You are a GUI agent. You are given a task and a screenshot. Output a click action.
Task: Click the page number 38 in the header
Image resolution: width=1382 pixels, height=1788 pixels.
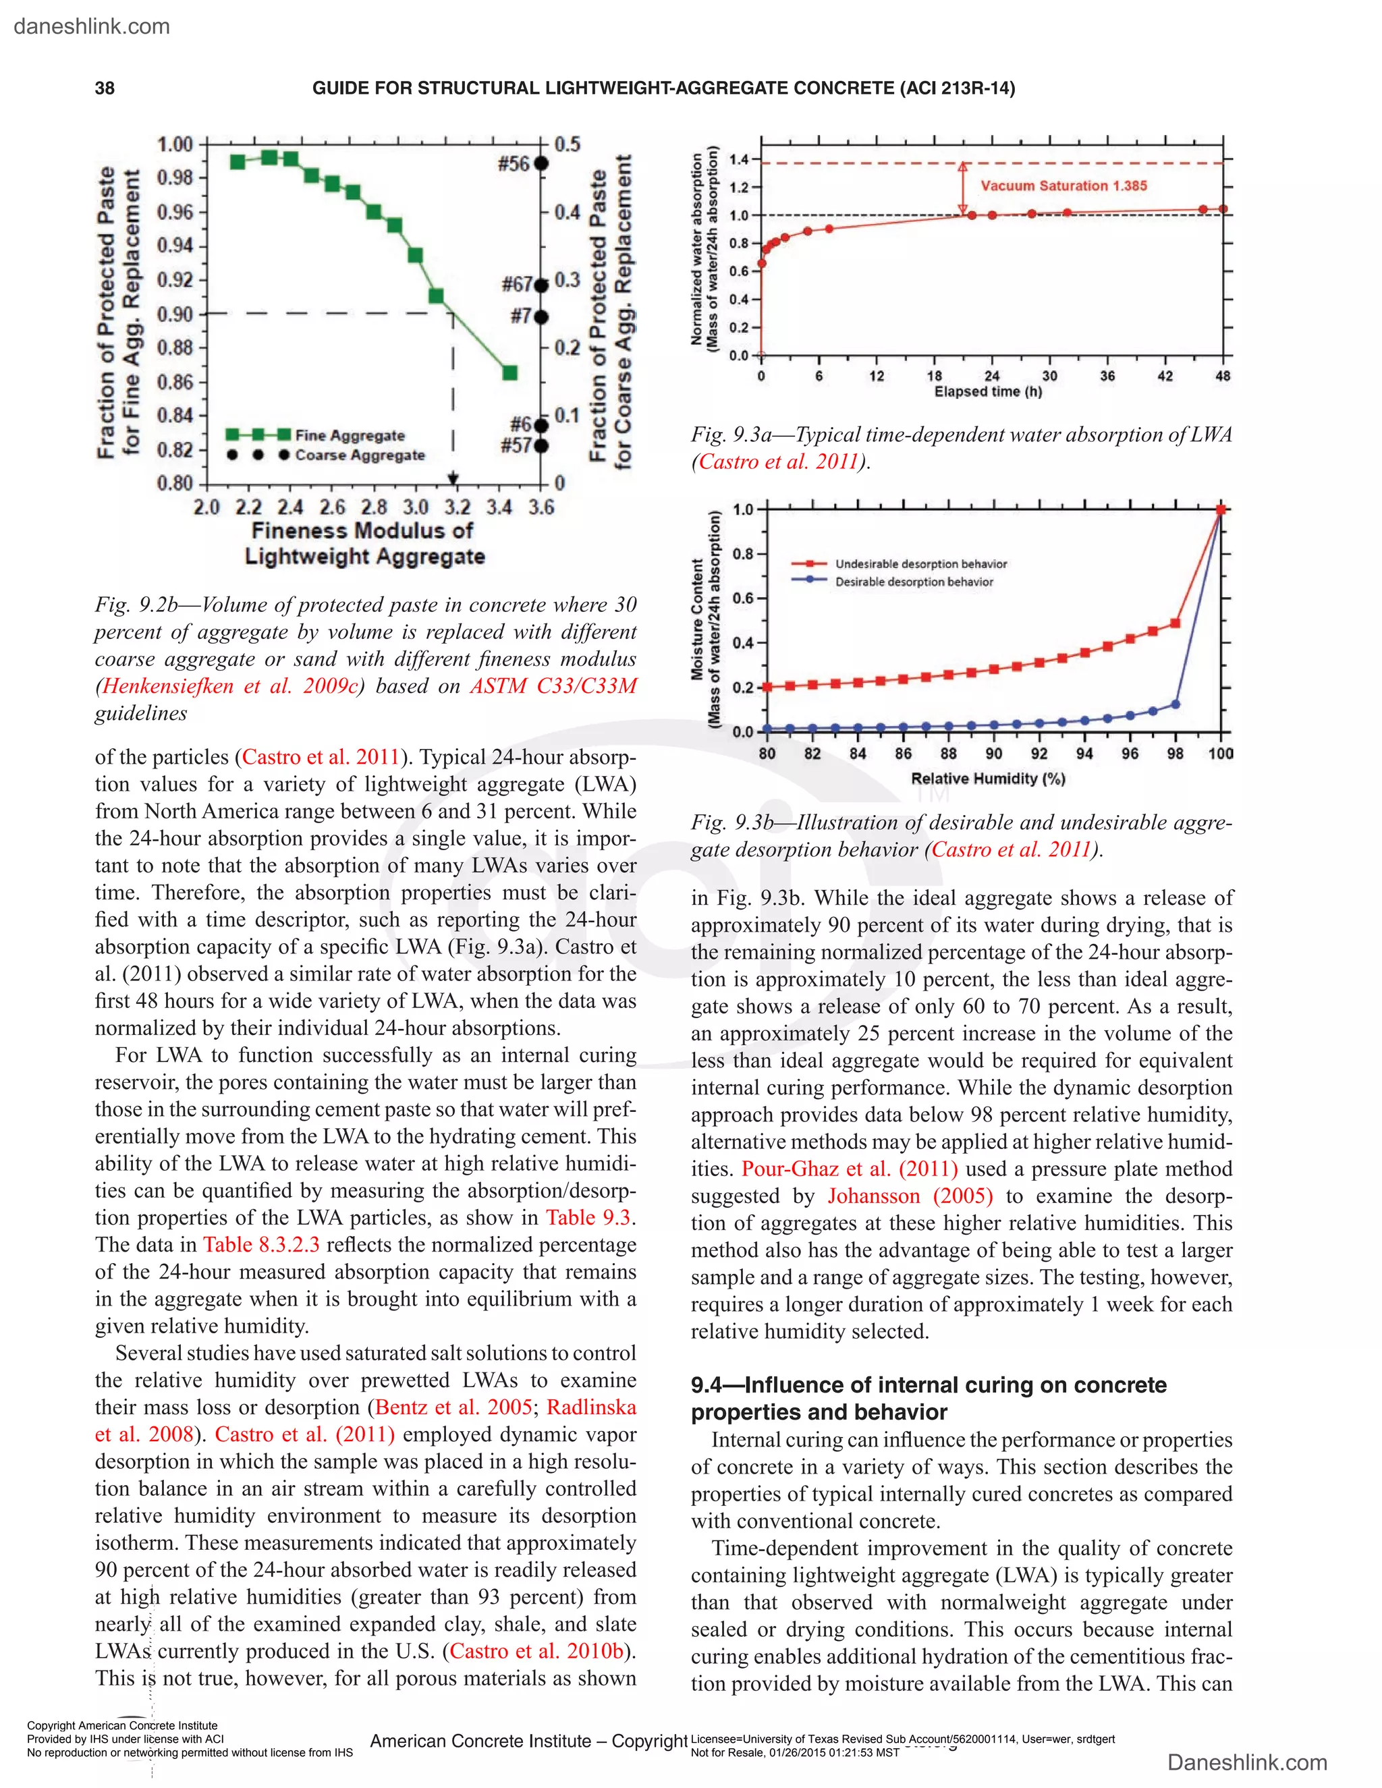point(105,88)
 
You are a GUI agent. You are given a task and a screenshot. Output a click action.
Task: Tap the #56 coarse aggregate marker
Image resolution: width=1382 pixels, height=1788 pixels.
point(541,164)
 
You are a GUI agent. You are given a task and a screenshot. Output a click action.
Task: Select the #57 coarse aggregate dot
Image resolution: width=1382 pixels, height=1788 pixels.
point(541,446)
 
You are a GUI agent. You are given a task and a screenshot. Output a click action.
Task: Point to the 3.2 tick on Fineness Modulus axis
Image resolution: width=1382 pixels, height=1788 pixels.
point(456,507)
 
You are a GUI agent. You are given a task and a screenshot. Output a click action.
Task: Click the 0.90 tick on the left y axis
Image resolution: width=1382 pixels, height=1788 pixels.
point(175,314)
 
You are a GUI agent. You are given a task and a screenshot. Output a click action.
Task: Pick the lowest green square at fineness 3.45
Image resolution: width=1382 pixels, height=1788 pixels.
point(509,373)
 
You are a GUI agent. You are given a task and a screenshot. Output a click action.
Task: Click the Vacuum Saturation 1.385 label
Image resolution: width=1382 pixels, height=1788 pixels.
point(1063,186)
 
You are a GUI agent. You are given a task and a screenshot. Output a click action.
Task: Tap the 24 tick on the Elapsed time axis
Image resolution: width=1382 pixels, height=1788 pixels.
point(991,376)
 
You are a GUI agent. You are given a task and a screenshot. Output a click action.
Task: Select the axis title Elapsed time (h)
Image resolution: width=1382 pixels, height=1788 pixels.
point(988,392)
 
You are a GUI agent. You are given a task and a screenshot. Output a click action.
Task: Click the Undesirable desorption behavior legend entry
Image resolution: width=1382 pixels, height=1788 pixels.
point(920,564)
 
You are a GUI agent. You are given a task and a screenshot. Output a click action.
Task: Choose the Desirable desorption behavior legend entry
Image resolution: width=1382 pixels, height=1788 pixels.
point(914,582)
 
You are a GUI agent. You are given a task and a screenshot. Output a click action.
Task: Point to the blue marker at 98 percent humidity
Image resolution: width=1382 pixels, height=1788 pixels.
point(1176,704)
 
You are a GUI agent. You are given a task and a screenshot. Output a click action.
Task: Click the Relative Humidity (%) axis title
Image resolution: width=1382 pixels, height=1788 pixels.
point(987,779)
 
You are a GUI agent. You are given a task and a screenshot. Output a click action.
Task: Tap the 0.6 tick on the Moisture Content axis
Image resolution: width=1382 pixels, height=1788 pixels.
point(742,598)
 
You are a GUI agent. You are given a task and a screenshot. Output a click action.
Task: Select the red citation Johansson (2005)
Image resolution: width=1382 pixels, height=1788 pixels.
point(910,1196)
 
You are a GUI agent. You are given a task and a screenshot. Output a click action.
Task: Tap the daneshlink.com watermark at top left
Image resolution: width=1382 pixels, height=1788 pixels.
point(92,26)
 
